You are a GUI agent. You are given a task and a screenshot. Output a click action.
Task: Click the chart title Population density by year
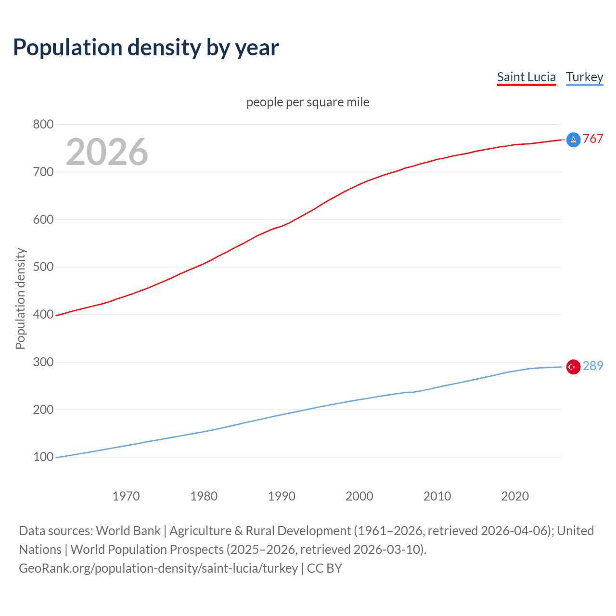146,48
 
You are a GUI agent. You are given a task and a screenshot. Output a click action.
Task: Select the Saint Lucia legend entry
526,77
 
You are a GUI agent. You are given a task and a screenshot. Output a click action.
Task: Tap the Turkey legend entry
584,77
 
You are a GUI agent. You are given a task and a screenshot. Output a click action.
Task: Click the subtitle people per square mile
308,102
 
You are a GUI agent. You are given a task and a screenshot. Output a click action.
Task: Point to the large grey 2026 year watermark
107,152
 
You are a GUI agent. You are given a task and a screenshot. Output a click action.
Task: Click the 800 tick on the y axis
43,124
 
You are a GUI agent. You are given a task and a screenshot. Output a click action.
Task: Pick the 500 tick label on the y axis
43,267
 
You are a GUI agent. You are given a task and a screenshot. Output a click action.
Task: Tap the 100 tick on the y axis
43,457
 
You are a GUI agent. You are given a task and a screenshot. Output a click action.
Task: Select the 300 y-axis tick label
43,362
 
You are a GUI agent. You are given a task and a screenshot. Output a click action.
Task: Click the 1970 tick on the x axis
126,496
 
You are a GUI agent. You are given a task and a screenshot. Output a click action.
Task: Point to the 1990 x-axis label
282,496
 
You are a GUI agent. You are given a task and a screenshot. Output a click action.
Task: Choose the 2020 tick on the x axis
515,496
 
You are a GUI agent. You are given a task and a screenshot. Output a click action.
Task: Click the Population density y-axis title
20,298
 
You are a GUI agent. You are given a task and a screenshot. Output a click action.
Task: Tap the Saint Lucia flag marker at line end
573,140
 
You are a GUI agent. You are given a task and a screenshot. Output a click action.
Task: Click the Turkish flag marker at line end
573,367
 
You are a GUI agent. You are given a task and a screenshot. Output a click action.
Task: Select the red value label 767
593,139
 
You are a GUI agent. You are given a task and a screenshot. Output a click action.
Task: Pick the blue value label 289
593,366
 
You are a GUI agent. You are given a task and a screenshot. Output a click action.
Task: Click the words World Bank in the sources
128,531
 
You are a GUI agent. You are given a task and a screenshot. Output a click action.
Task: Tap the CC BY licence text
324,568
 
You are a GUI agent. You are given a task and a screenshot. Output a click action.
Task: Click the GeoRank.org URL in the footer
158,568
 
